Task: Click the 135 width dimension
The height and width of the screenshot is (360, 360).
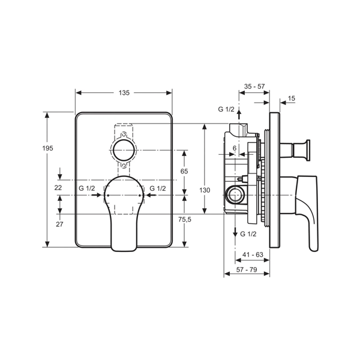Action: tap(124, 93)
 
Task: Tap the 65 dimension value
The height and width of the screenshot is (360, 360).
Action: tap(184, 171)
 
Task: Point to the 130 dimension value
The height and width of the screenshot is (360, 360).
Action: tap(205, 190)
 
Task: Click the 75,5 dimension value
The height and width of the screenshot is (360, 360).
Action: tap(185, 220)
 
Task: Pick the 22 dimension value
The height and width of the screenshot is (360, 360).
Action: tap(58, 188)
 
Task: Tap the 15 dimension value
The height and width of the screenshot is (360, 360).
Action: tap(291, 98)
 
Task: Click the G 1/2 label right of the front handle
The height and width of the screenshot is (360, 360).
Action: tap(158, 188)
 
